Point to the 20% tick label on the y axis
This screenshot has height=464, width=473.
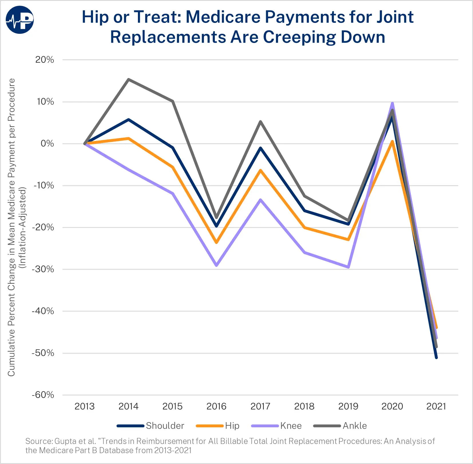tap(45, 60)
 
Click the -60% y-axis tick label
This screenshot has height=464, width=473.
tap(43, 395)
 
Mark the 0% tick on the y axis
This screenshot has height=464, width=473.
tap(47, 144)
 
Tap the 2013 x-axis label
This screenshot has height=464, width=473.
tap(84, 406)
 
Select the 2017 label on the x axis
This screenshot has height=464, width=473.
tap(260, 406)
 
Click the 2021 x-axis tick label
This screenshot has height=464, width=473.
tap(436, 406)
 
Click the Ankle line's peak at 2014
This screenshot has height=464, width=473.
tap(129, 79)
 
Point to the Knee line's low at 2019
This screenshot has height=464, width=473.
tap(348, 267)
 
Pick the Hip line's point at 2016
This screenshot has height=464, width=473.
tap(217, 242)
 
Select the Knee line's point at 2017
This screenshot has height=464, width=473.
tap(260, 199)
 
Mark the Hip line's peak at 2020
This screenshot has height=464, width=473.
tap(392, 141)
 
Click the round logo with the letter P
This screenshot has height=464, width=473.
tap(20, 19)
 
